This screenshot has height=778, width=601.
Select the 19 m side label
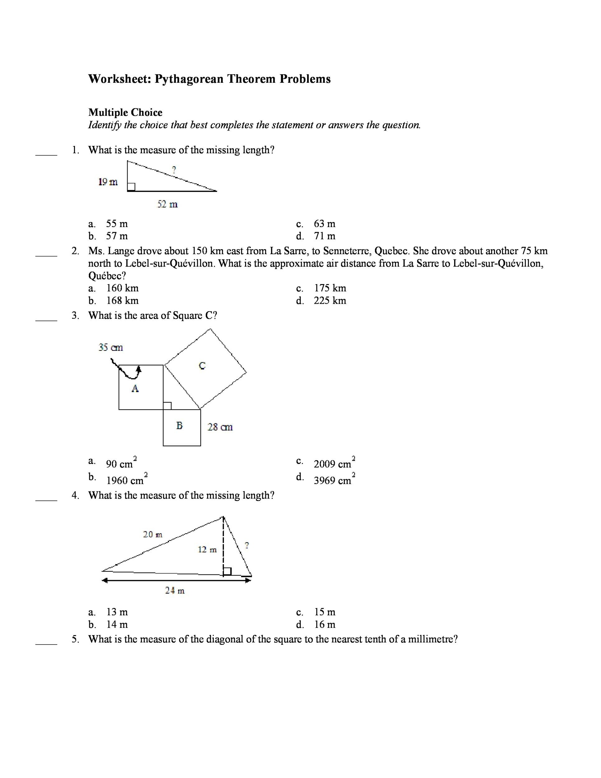tap(108, 182)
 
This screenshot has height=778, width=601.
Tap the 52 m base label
tap(167, 204)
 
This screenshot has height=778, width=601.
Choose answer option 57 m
tap(117, 236)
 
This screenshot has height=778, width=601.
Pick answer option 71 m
tap(324, 236)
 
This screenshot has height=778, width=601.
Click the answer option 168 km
tap(123, 300)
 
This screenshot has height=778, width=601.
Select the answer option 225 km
tap(330, 300)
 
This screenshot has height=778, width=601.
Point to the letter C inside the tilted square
tap(202, 365)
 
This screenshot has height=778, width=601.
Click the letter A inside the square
tap(135, 388)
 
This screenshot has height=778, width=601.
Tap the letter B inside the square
tap(179, 425)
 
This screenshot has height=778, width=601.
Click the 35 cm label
tap(111, 347)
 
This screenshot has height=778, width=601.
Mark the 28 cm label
tap(220, 427)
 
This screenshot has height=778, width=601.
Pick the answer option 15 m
tap(325, 612)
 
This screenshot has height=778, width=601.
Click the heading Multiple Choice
tap(125, 113)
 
